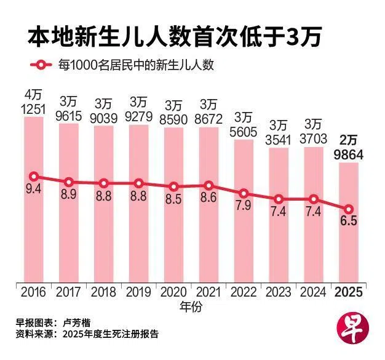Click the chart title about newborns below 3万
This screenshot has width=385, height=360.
click(174, 38)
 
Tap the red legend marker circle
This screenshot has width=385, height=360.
click(41, 65)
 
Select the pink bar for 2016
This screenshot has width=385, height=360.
click(34, 199)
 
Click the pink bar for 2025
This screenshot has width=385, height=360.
click(349, 222)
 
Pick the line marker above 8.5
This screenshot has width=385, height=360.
click(173, 186)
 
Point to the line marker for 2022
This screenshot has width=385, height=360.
click(244, 194)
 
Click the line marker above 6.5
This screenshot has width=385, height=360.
click(349, 209)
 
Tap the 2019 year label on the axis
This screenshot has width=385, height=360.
click(139, 292)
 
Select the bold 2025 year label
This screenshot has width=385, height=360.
click(349, 292)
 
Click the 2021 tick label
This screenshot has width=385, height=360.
click(209, 292)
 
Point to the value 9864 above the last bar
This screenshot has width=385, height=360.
click(349, 155)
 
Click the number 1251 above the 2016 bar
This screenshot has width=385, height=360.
click(33, 110)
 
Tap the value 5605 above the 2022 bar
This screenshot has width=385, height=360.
click(244, 132)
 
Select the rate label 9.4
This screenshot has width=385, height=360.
click(34, 190)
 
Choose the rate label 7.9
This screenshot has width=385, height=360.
click(244, 206)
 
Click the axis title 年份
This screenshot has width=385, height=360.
click(191, 307)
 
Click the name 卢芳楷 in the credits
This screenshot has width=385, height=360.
click(77, 322)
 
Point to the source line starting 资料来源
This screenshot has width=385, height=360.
click(87, 334)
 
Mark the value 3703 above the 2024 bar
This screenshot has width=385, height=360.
click(313, 139)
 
